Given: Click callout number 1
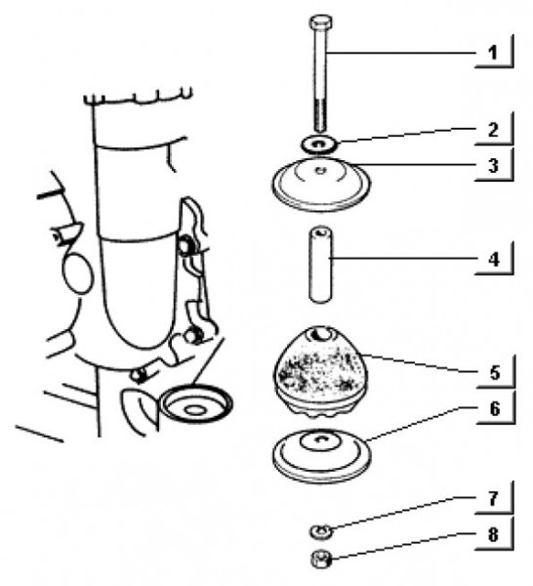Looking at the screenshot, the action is pyautogui.click(x=493, y=53).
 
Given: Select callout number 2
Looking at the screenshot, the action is pyautogui.click(x=493, y=130).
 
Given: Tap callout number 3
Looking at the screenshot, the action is pyautogui.click(x=493, y=165).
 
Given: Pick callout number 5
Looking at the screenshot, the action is pyautogui.click(x=495, y=373).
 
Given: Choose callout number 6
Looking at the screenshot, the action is pyautogui.click(x=495, y=408).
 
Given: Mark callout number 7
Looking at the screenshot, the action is pyautogui.click(x=493, y=498).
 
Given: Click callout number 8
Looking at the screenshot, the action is pyautogui.click(x=493, y=535).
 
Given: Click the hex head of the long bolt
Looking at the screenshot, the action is pyautogui.click(x=321, y=22).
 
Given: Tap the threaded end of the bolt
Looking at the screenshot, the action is pyautogui.click(x=321, y=115).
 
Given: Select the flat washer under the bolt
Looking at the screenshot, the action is pyautogui.click(x=319, y=145).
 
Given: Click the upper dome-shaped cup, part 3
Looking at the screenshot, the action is pyautogui.click(x=321, y=184).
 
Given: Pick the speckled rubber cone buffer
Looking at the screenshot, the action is pyautogui.click(x=320, y=373).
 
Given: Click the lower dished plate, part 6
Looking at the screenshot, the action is pyautogui.click(x=321, y=455).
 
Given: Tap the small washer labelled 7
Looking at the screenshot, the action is pyautogui.click(x=320, y=530).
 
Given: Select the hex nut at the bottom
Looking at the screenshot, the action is pyautogui.click(x=321, y=559).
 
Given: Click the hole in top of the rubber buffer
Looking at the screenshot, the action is pyautogui.click(x=321, y=335).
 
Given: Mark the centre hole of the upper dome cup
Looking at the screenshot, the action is pyautogui.click(x=321, y=171).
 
